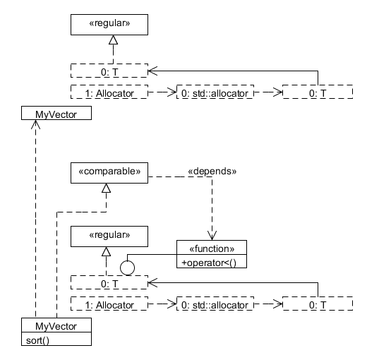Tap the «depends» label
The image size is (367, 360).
212,171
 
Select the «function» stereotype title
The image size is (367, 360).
212,248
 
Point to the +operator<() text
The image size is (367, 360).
209,263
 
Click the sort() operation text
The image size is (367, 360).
37,340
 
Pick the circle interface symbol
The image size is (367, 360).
127,268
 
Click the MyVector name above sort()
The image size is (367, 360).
56,326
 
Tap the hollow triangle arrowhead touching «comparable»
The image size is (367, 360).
106,188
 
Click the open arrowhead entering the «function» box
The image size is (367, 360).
212,235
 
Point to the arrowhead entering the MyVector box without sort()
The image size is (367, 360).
35,124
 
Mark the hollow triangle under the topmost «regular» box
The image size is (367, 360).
113,40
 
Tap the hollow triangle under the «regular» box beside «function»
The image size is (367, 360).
106,251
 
